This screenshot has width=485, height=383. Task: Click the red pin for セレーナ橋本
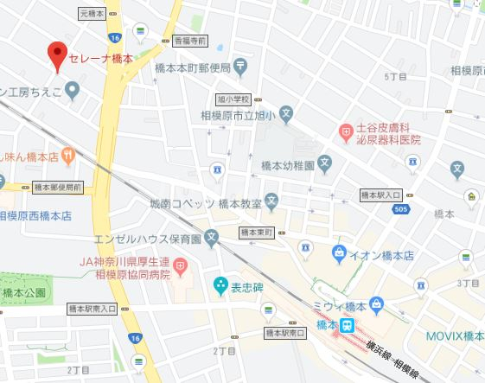57,56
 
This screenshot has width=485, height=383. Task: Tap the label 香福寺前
190,41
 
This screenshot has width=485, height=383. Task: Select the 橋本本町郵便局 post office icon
240,66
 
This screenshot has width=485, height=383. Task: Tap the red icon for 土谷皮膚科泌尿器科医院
346,131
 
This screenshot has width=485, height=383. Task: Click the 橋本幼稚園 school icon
324,163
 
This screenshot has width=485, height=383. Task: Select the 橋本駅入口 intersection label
381,195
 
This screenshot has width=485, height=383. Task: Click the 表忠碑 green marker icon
220,283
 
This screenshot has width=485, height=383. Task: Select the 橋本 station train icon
347,325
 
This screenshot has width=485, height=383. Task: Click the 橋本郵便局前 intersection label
57,186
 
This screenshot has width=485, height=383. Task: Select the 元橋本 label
92,15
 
